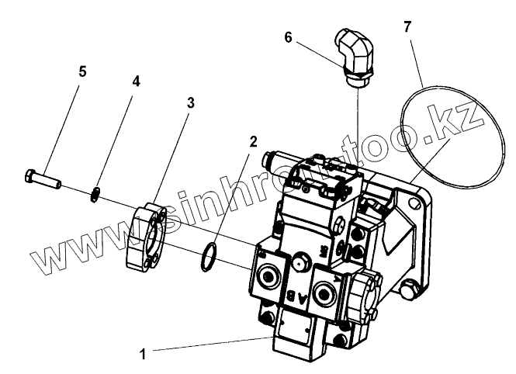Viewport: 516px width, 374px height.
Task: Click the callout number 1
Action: click(143, 354)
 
